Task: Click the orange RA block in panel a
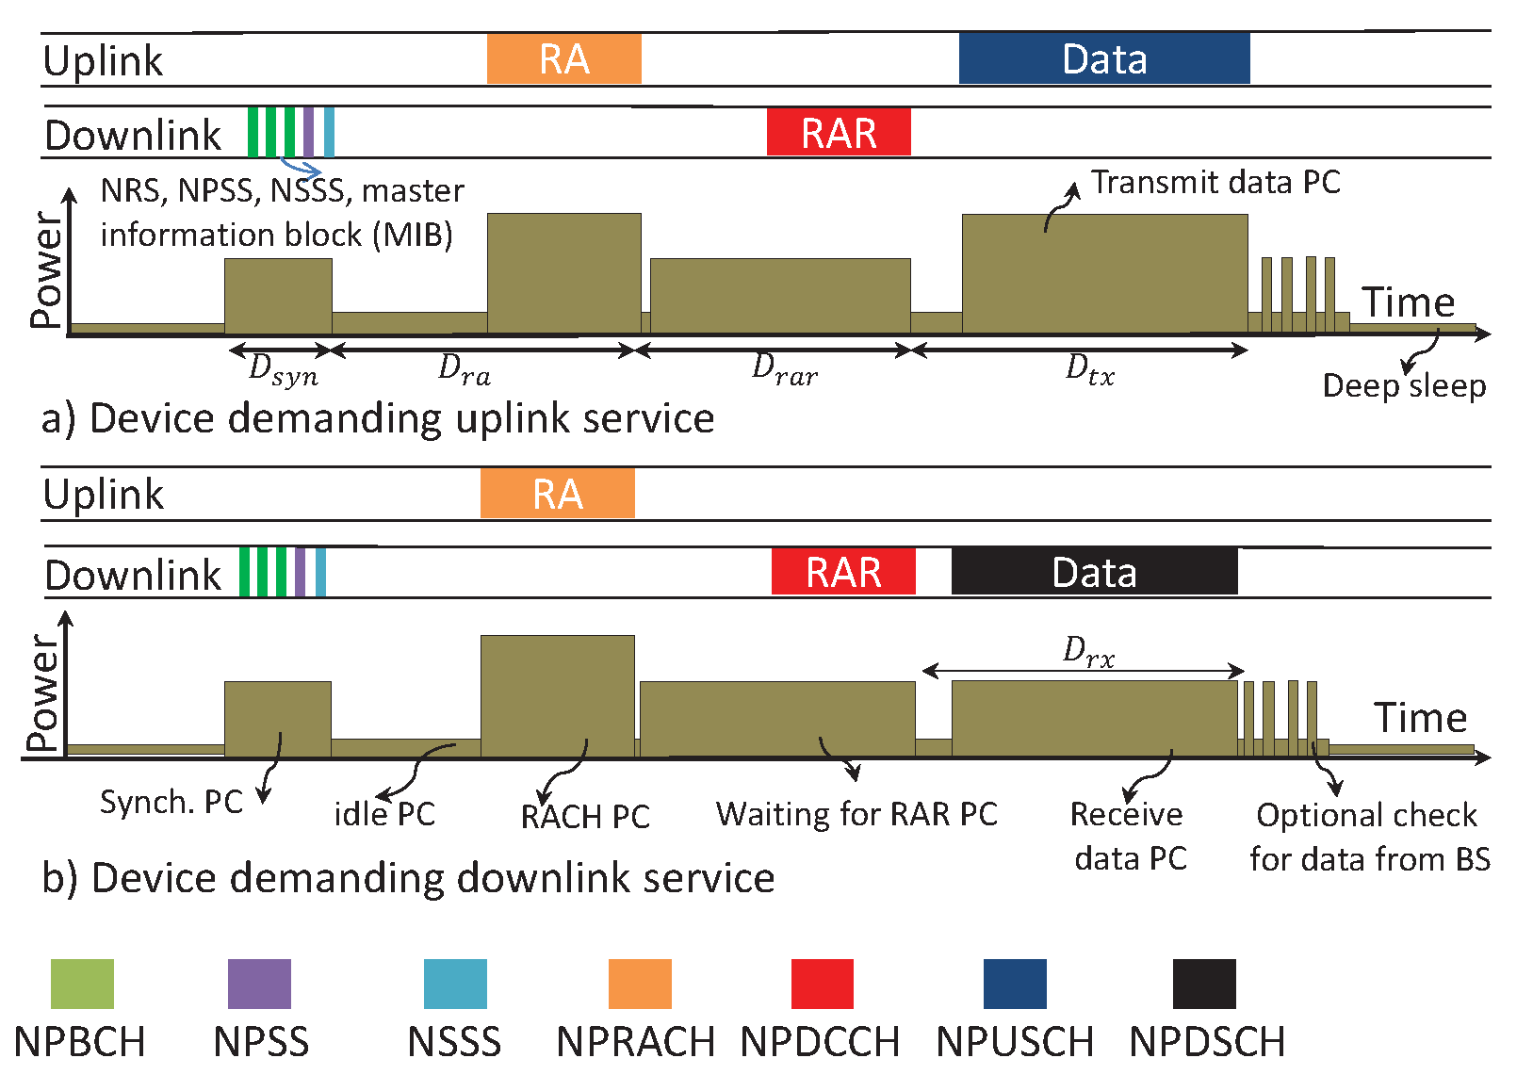point(564,58)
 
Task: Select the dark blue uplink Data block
point(1104,58)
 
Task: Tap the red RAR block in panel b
point(843,572)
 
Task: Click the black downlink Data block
point(1094,572)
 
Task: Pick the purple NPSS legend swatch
point(259,984)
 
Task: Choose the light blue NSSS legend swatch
point(455,984)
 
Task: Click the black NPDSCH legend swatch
point(1204,984)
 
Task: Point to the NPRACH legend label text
point(636,1042)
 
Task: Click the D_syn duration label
point(284,370)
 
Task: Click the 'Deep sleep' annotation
point(1404,386)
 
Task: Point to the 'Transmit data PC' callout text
point(1215,182)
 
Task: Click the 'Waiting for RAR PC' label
point(856,815)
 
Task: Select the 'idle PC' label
point(384,815)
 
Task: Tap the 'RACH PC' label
point(585,817)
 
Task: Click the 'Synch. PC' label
point(171,802)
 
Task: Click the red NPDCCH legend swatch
point(822,984)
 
